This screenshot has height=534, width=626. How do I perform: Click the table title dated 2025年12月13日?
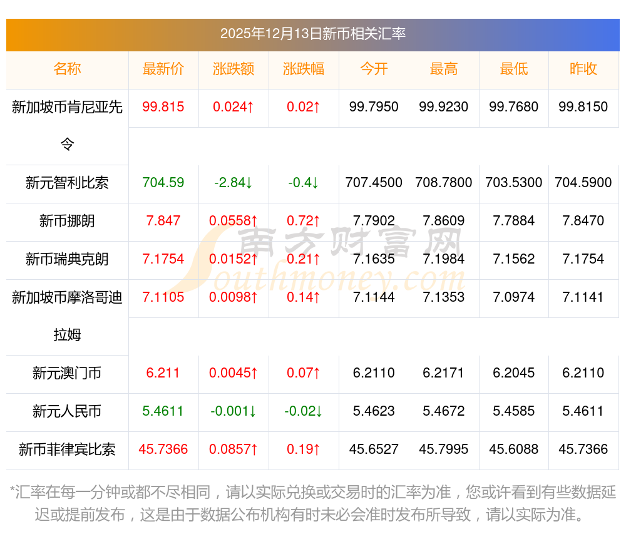pyautogui.click(x=312, y=34)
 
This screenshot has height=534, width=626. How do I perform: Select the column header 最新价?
pyautogui.click(x=163, y=69)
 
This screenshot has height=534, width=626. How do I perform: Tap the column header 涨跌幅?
pyautogui.click(x=304, y=69)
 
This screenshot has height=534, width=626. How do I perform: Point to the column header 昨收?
pyautogui.click(x=583, y=69)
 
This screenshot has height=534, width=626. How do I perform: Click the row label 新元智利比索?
pyautogui.click(x=67, y=183)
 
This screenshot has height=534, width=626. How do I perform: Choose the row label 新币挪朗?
pyautogui.click(x=67, y=221)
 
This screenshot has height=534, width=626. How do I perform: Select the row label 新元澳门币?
pyautogui.click(x=67, y=374)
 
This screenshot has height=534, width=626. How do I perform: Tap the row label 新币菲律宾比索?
pyautogui.click(x=67, y=449)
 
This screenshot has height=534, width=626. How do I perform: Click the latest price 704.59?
pyautogui.click(x=163, y=183)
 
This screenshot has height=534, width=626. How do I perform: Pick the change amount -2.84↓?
pyautogui.click(x=233, y=183)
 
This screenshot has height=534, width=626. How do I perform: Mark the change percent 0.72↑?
pyautogui.click(x=304, y=221)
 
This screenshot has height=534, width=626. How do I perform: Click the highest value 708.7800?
pyautogui.click(x=444, y=183)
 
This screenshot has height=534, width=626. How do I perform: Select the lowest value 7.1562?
pyautogui.click(x=514, y=259)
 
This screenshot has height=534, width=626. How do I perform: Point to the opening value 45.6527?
pyautogui.click(x=374, y=449)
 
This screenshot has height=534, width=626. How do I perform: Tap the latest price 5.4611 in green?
pyautogui.click(x=163, y=411)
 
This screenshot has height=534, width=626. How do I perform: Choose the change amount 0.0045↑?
pyautogui.click(x=233, y=373)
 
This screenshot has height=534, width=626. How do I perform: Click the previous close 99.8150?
pyautogui.click(x=583, y=107)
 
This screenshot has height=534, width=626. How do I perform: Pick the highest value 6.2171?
pyautogui.click(x=444, y=373)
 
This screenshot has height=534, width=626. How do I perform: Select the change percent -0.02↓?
pyautogui.click(x=304, y=411)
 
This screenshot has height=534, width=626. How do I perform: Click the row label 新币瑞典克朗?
pyautogui.click(x=67, y=259)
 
